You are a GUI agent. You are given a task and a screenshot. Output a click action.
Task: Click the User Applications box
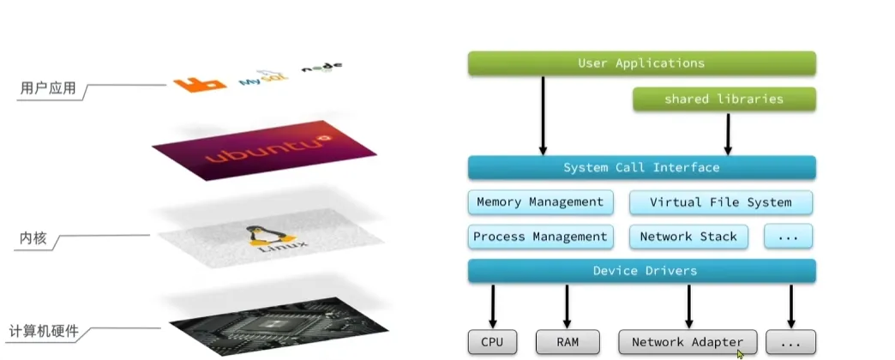641,63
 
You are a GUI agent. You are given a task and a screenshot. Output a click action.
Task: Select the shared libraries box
724,99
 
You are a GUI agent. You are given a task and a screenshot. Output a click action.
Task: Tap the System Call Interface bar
641,167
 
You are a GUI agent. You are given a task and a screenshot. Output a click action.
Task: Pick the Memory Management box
540,202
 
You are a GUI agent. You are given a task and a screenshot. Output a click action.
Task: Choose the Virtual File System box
720,202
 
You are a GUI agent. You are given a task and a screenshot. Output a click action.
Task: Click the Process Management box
540,237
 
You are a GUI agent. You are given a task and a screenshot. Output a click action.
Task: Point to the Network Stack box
688,237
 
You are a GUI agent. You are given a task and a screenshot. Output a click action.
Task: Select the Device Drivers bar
641,271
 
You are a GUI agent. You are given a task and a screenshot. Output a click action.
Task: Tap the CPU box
492,342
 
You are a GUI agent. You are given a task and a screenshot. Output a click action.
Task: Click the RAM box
567,342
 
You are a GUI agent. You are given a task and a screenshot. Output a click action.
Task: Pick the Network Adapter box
688,342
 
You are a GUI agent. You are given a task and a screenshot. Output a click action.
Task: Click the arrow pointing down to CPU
493,305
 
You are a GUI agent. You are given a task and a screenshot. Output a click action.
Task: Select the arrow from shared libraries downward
728,133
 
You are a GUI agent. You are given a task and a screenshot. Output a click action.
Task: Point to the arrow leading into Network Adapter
688,305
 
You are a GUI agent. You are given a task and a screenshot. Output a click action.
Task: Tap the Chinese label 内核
33,237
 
